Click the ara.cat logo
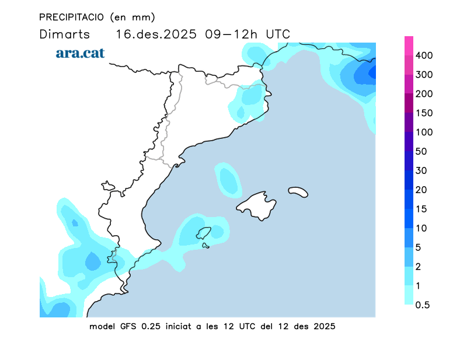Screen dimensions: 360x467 tap(80, 53)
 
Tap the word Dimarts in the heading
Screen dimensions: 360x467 tap(64, 34)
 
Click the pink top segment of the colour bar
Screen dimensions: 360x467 tap(409, 46)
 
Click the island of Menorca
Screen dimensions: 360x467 tap(298, 191)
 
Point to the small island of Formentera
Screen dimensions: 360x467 tap(205, 246)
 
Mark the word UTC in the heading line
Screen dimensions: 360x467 tap(278, 34)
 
